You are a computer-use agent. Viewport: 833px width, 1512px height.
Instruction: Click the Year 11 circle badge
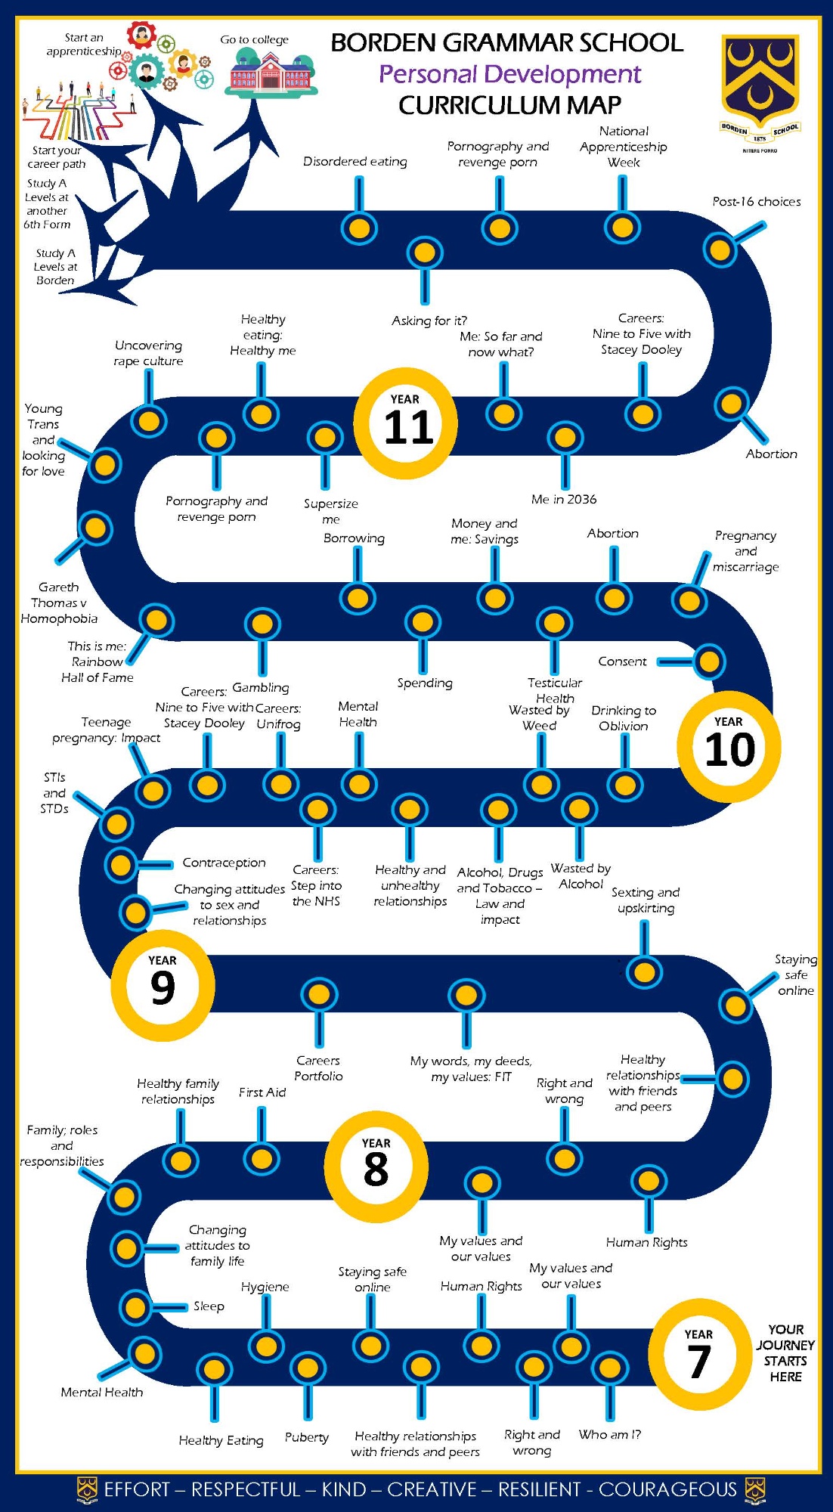tap(406, 423)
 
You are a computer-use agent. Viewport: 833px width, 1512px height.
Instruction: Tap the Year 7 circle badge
tap(699, 1354)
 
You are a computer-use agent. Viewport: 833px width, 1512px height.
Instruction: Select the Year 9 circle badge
tap(163, 986)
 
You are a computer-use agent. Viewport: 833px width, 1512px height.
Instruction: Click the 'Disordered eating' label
tap(355, 161)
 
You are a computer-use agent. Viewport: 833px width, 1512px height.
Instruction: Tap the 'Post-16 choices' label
tap(756, 201)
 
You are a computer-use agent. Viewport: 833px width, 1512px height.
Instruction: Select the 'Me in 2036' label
tap(563, 499)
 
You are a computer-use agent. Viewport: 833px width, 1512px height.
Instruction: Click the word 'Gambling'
tap(260, 687)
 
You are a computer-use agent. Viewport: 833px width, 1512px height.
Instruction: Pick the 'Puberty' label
tap(306, 1437)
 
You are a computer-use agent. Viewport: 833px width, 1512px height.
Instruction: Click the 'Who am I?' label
tap(609, 1434)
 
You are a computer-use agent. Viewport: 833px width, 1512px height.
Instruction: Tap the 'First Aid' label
tap(262, 1092)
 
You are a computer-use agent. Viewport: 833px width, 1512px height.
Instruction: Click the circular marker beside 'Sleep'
tap(136, 1307)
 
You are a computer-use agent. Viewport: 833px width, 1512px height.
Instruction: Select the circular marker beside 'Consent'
tap(709, 661)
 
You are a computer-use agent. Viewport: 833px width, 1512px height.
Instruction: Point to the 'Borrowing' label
tap(354, 538)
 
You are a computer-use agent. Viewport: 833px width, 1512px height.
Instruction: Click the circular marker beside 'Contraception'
tap(121, 864)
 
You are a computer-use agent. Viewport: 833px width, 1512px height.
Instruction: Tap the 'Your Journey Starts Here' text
tap(785, 1352)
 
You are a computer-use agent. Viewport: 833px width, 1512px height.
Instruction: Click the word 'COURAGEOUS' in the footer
tap(667, 1489)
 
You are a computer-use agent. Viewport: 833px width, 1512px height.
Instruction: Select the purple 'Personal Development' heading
tap(509, 74)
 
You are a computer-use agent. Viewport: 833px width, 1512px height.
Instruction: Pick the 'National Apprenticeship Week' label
tap(623, 147)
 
